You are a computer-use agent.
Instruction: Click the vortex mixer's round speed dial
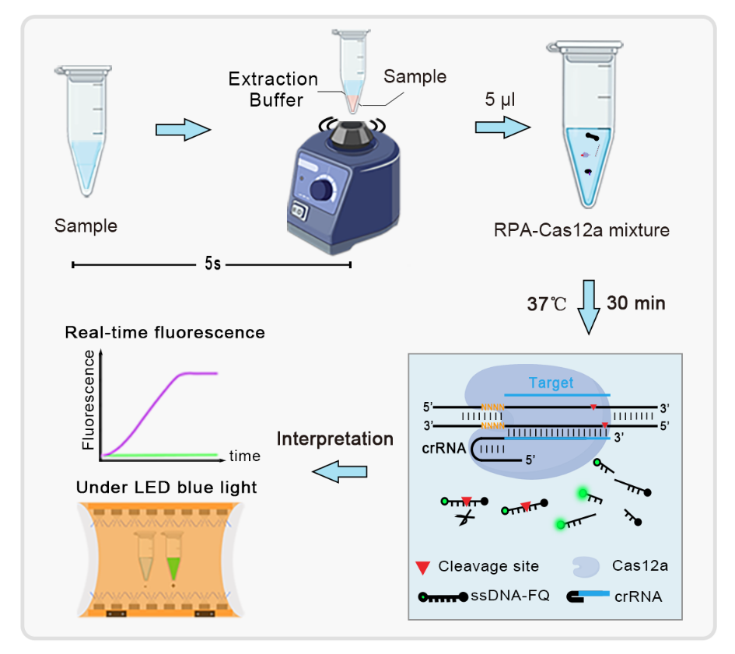tap(322, 191)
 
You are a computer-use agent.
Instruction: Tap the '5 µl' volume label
tap(499, 100)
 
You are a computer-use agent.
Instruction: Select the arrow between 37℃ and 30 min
tap(588, 307)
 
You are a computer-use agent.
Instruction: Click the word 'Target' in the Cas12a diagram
tap(551, 383)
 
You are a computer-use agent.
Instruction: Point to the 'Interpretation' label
tap(334, 439)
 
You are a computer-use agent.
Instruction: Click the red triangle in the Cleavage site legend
tap(423, 567)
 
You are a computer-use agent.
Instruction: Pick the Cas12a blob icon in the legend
tap(586, 567)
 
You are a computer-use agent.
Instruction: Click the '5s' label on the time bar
tap(212, 264)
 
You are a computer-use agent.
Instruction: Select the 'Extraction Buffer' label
tap(274, 89)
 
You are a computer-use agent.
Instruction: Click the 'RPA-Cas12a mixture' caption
tap(582, 230)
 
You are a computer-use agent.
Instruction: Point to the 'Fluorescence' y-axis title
tap(88, 400)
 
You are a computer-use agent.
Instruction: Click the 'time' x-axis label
tap(245, 456)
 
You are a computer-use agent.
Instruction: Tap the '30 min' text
tap(636, 303)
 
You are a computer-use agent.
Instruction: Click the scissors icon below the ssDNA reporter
tap(465, 518)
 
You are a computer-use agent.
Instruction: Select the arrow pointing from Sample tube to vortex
tap(184, 129)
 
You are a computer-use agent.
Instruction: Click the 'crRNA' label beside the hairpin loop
tap(444, 449)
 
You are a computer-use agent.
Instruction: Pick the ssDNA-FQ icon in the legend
tap(443, 596)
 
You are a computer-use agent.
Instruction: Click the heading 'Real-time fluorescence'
tap(165, 332)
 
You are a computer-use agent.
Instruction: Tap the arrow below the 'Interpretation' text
tap(339, 471)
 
